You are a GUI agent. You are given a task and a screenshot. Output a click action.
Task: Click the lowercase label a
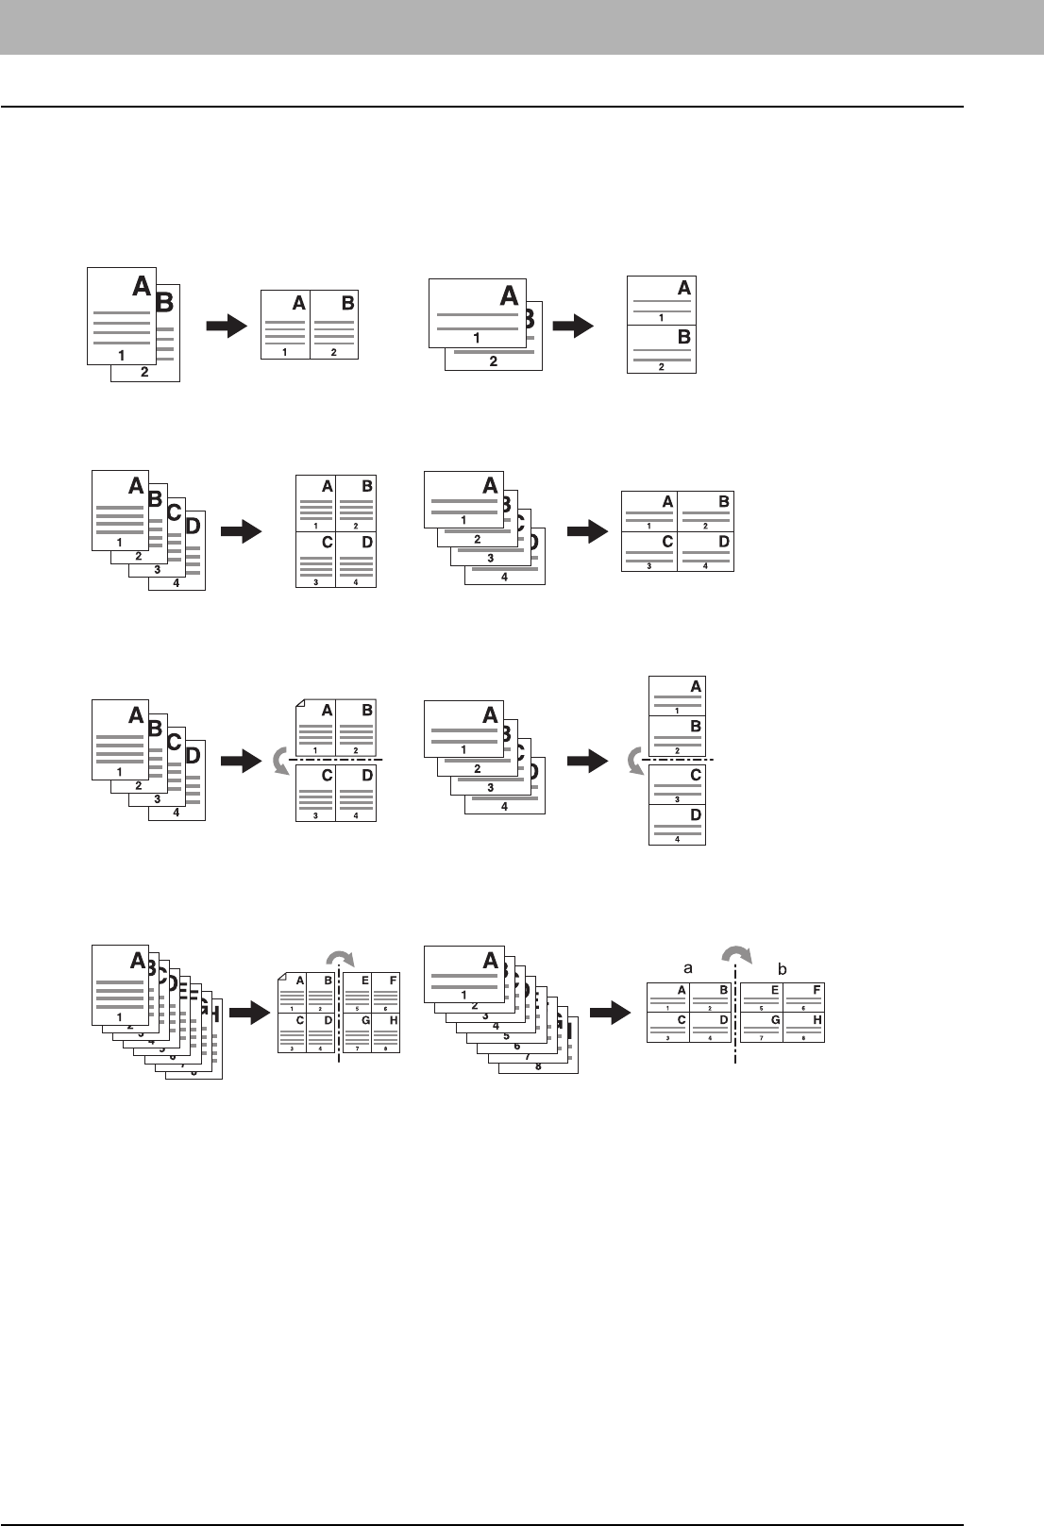pyautogui.click(x=688, y=967)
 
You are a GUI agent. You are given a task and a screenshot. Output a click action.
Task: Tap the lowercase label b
pyautogui.click(x=782, y=967)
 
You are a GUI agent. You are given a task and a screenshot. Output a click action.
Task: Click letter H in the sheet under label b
pyautogui.click(x=817, y=1020)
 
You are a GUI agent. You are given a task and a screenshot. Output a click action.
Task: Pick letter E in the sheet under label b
pyautogui.click(x=775, y=990)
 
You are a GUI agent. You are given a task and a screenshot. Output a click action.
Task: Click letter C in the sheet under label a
pyautogui.click(x=681, y=1020)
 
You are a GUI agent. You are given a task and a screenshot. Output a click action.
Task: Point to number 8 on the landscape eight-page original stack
pyautogui.click(x=539, y=1066)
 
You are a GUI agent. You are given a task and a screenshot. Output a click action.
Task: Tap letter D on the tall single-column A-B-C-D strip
pyautogui.click(x=696, y=813)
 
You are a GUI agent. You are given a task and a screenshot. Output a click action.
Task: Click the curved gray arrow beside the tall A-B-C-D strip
pyautogui.click(x=636, y=760)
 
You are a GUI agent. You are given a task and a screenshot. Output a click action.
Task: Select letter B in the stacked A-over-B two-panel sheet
pyautogui.click(x=684, y=336)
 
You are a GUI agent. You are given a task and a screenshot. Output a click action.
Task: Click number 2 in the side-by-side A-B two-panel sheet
pyautogui.click(x=334, y=352)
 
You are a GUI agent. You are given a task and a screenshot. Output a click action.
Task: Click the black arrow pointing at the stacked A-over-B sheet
pyautogui.click(x=573, y=327)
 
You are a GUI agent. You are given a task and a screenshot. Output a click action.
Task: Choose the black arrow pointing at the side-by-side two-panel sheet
pyautogui.click(x=226, y=327)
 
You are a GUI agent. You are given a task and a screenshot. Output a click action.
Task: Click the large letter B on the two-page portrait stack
pyautogui.click(x=164, y=302)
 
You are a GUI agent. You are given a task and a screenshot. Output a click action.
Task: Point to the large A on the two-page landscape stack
pyautogui.click(x=509, y=295)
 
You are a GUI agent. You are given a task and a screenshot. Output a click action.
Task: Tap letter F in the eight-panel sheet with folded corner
pyautogui.click(x=391, y=981)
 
